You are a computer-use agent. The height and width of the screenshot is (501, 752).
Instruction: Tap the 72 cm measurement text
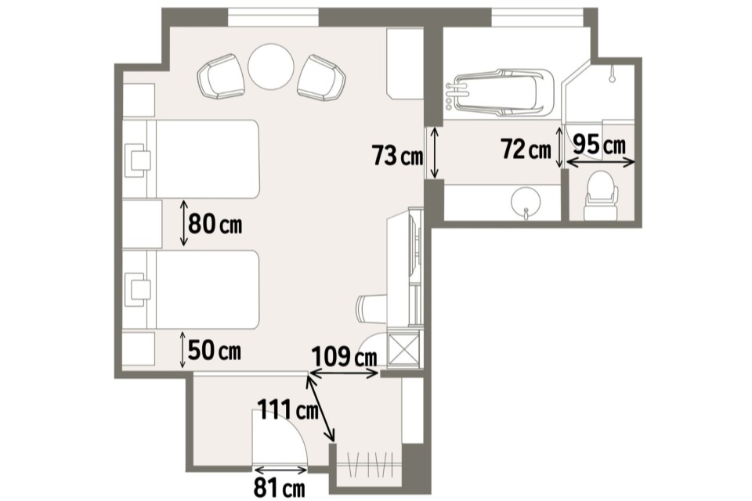[526, 149]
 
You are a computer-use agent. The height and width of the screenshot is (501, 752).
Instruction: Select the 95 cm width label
[599, 144]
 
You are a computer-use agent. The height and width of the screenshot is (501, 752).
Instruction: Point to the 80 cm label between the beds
[215, 223]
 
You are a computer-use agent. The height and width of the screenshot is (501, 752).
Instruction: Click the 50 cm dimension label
[215, 351]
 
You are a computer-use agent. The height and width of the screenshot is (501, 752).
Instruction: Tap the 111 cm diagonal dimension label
[288, 409]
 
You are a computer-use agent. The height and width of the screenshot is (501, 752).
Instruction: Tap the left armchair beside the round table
[221, 76]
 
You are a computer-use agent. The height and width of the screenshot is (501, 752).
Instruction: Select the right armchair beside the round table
[321, 78]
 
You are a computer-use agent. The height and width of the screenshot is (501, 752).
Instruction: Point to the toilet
[601, 196]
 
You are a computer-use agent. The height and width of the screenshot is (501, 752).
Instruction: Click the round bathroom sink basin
[526, 200]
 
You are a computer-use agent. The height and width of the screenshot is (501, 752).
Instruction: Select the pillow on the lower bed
[138, 290]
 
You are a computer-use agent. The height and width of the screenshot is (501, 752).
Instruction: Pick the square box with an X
[402, 349]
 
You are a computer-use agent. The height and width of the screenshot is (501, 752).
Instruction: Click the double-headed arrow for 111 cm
[321, 408]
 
